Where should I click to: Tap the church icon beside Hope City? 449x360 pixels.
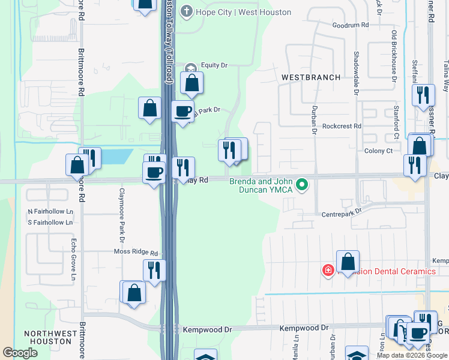coord(187,11)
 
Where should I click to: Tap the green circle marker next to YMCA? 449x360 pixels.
coord(303,185)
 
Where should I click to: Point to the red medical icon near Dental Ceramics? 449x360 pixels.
coord(328,271)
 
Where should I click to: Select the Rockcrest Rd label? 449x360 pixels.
coord(342,127)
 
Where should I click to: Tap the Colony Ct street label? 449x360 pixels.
coord(378,151)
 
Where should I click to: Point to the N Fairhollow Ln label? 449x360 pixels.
coord(50,212)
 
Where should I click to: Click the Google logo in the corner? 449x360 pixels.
coord(20,353)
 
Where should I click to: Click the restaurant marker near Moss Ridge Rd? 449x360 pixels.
coord(154,269)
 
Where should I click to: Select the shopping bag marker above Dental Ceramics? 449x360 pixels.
coord(348,261)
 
